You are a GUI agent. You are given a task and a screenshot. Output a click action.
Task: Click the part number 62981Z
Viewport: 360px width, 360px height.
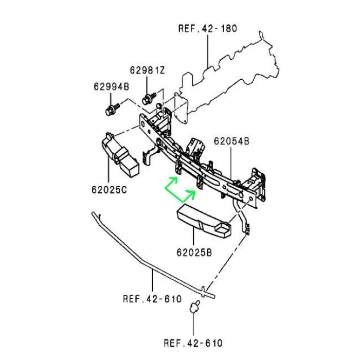[148, 70]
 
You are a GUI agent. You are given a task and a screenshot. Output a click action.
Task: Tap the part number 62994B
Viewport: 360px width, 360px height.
[112, 86]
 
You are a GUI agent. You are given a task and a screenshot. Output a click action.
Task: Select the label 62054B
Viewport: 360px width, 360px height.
[231, 141]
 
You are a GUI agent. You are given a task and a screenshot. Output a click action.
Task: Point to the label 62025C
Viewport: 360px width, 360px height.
[109, 190]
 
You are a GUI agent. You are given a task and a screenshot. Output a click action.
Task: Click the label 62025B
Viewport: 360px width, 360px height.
[194, 253]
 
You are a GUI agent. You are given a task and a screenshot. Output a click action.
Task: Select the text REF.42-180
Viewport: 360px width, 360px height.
[208, 28]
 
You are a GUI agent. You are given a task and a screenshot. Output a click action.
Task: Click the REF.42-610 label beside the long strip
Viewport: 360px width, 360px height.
[152, 299]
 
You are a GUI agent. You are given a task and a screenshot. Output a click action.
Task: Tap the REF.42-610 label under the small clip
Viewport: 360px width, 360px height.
[193, 343]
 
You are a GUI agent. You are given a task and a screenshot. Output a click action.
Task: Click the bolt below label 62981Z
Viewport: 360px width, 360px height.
[149, 99]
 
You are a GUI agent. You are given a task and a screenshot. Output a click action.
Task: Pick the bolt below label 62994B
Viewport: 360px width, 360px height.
[112, 110]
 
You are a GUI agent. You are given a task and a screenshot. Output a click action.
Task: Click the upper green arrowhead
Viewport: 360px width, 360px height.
[174, 179]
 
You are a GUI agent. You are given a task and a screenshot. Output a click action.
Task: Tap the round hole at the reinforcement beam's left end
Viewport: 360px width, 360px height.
[142, 124]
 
